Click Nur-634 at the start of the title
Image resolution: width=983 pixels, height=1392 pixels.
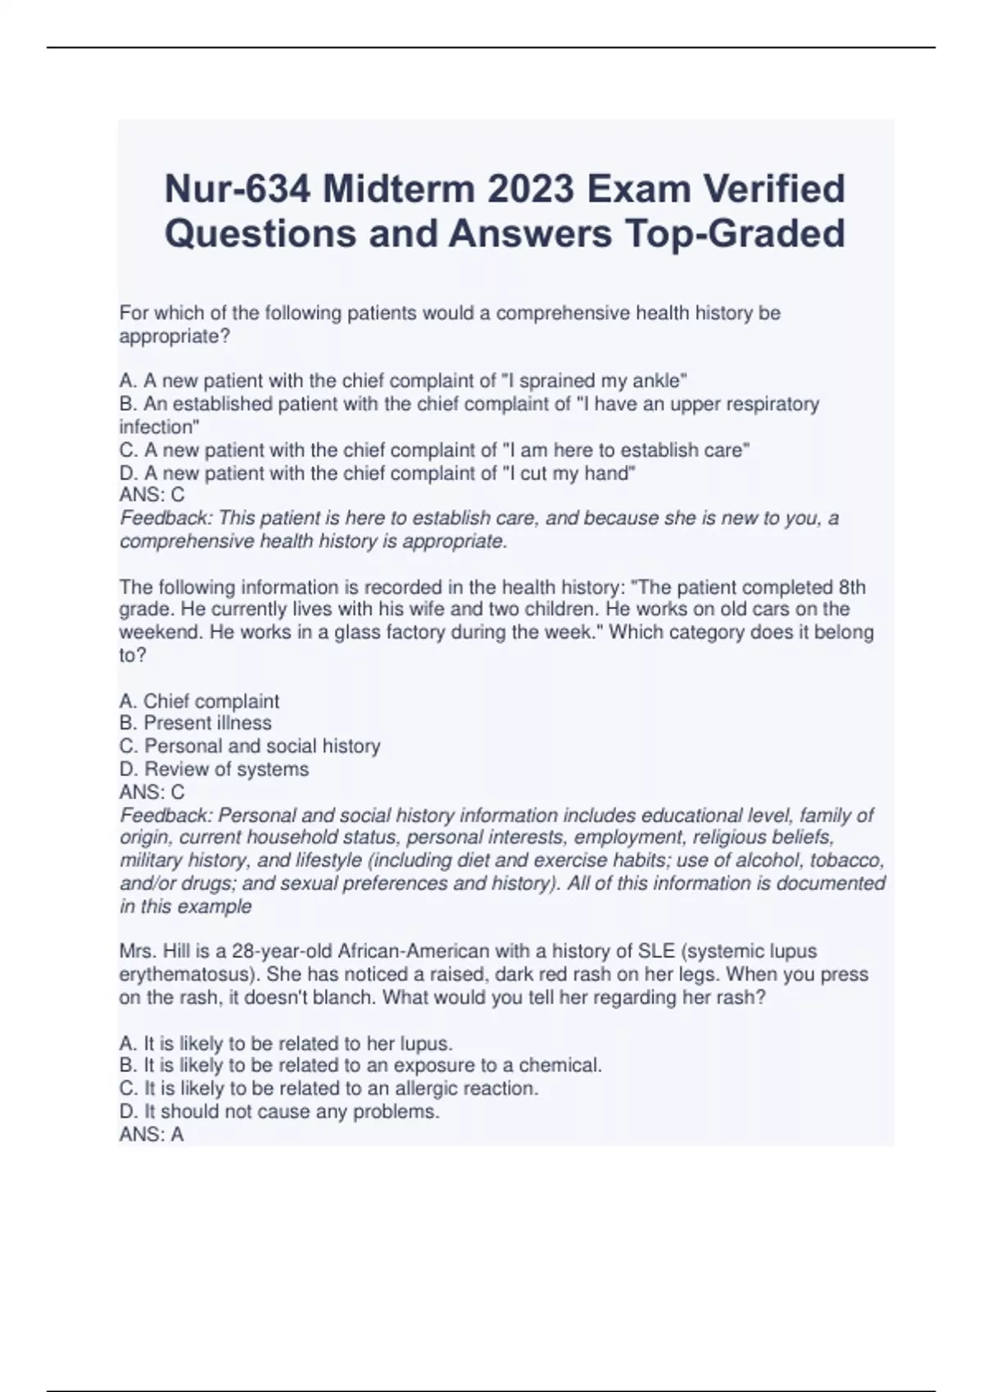(x=238, y=189)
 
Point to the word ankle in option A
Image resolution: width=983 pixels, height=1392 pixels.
(x=664, y=381)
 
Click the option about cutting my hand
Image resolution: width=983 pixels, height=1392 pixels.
(x=377, y=473)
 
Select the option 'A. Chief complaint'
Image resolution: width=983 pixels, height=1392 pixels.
(x=199, y=701)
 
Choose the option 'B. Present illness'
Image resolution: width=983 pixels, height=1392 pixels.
(x=195, y=723)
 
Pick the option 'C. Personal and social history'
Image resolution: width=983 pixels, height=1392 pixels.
(x=250, y=746)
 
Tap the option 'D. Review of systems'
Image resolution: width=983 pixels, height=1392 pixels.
(x=214, y=769)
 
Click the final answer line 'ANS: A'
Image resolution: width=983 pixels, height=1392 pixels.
(x=152, y=1135)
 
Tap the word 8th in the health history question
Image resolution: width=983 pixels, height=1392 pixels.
(x=852, y=587)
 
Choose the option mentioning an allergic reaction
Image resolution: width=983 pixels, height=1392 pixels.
(x=328, y=1088)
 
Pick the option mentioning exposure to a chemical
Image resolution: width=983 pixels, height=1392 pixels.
(x=360, y=1065)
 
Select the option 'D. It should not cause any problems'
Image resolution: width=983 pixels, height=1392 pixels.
(x=279, y=1111)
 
